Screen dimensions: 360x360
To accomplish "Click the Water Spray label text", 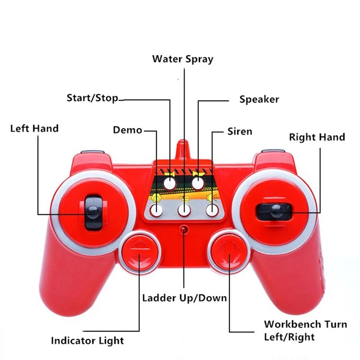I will point(182,59).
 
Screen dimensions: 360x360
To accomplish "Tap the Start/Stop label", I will point(92,98).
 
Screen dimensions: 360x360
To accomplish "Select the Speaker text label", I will point(259,99).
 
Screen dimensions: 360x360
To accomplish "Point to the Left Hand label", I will point(34,128).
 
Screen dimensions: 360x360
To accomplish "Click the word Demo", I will point(127,130).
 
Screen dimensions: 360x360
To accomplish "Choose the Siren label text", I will point(239,132).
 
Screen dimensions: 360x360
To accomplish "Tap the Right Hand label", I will point(316,137).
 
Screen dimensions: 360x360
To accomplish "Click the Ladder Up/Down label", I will point(184,298).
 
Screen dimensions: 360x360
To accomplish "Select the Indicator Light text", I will point(87,341).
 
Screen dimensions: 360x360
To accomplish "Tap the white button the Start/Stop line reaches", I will point(169,183).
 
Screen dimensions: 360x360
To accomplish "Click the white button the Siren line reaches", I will point(211,209).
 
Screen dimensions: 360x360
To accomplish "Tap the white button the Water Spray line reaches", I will point(184,209).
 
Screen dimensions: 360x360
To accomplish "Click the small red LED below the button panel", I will point(184,230).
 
